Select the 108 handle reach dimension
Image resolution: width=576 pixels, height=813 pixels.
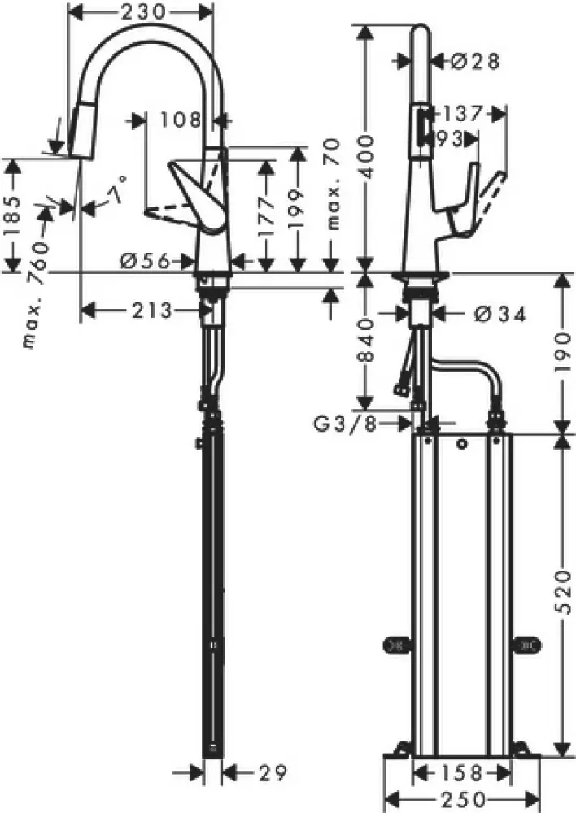click(180, 120)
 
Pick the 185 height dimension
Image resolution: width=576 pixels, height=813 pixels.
click(12, 216)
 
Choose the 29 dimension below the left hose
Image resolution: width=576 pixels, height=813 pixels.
click(253, 771)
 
